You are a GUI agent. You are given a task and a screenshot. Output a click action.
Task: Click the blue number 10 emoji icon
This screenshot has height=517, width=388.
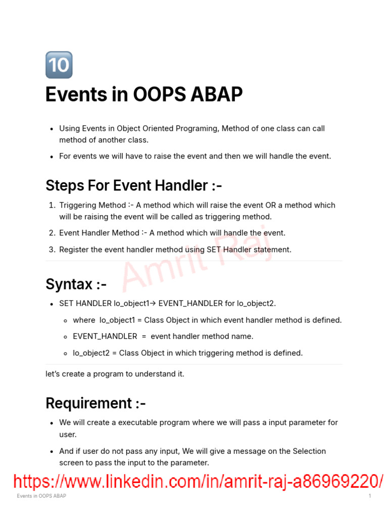coord(59,65)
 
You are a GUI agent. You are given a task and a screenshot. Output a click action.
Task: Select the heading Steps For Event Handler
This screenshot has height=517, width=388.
coord(133,185)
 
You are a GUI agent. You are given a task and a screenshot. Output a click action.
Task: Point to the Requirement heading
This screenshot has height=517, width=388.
coord(95,403)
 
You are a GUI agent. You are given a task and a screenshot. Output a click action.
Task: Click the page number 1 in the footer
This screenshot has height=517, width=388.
coord(370,496)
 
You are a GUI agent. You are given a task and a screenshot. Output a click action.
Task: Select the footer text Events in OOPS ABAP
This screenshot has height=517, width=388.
coord(41,496)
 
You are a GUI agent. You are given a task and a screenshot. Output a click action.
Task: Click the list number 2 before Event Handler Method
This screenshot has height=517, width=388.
coord(52,233)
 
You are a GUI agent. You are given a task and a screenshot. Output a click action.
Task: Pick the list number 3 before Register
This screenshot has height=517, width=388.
coord(52,249)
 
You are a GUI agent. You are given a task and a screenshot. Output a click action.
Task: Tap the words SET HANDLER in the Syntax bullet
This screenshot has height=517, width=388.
coord(85,303)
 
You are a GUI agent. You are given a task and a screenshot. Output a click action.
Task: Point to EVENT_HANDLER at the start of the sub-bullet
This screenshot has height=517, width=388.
coord(105,336)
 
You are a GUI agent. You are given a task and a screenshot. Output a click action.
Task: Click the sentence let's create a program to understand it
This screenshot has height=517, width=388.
coord(115,374)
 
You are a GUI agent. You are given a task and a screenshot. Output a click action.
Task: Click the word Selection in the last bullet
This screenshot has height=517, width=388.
coord(308,451)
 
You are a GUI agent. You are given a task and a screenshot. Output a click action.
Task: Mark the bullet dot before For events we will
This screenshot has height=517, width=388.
coord(52,157)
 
